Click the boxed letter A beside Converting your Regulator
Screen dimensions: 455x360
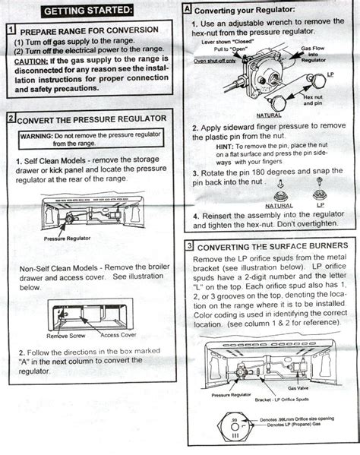pos(188,10)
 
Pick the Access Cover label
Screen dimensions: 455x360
pos(118,334)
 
